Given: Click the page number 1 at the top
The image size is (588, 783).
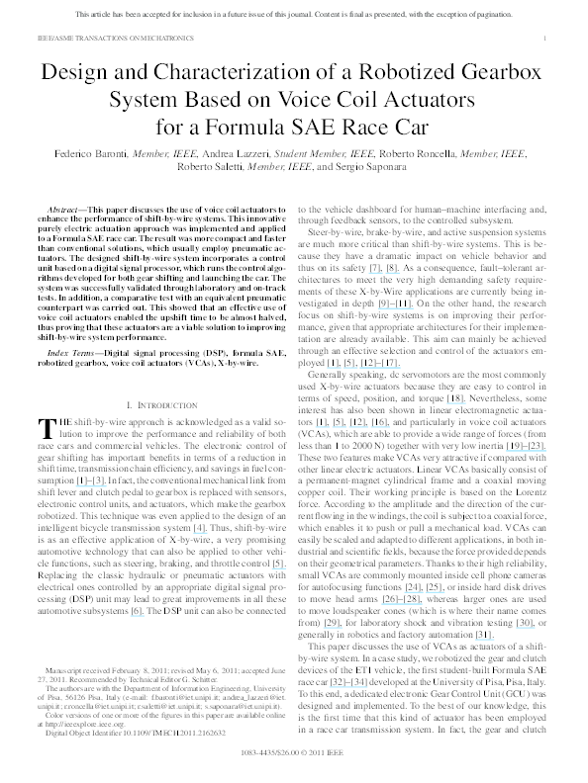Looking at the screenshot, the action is [546, 37].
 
